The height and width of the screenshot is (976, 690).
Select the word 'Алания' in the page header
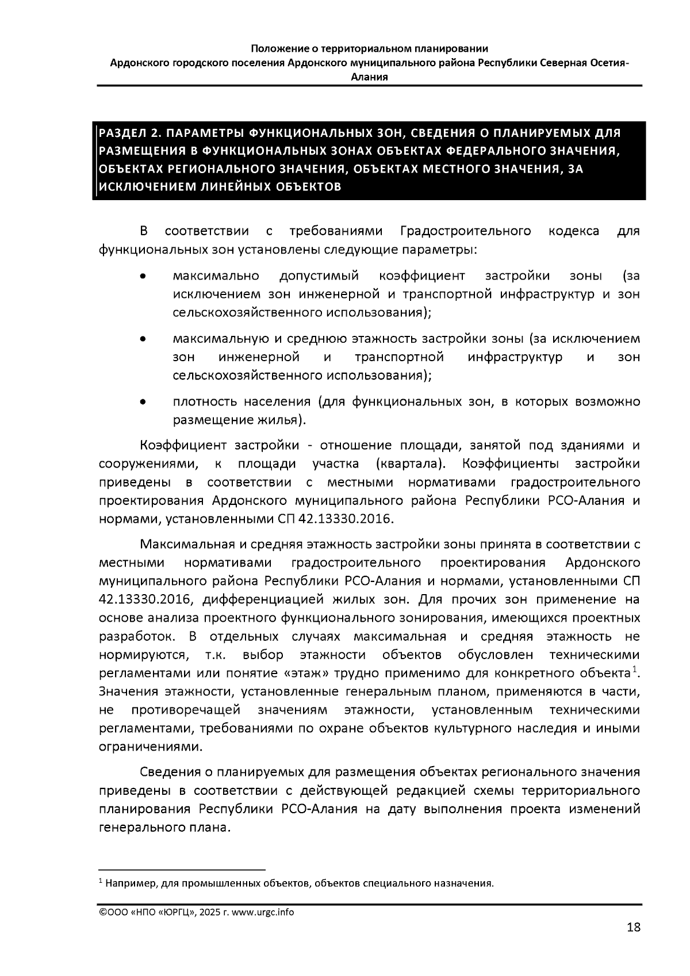(369, 77)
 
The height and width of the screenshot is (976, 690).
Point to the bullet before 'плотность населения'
(143, 402)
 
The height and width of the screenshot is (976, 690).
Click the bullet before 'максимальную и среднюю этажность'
(143, 339)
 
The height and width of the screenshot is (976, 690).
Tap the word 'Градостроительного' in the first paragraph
(465, 231)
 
